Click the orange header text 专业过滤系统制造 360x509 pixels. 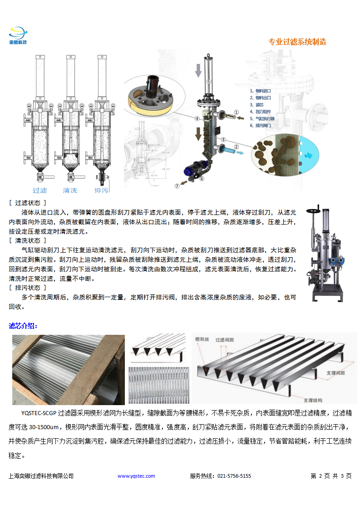297,42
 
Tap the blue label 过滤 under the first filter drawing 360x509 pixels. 39,190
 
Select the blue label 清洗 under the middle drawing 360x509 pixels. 69,190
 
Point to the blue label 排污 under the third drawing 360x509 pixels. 101,190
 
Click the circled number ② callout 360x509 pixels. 236,147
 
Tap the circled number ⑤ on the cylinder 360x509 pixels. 209,82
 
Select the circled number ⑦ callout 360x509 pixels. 178,186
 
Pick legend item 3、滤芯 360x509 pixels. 256,104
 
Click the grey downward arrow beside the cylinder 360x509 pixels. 198,71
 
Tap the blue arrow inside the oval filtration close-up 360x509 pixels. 309,155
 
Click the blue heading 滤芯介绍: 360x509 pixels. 24,326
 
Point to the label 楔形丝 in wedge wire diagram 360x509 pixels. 202,339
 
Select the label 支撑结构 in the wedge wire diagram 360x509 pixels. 313,400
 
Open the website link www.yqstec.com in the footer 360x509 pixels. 136,476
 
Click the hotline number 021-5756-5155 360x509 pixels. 234,476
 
